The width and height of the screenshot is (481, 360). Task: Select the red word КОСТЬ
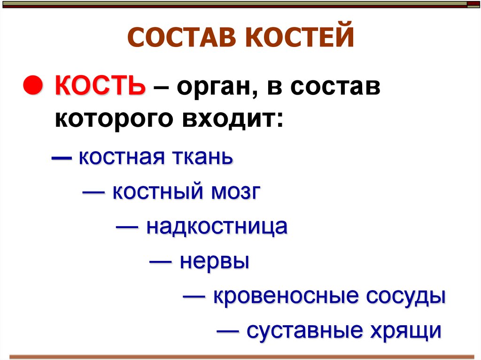tap(100, 87)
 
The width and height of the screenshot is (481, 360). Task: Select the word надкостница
tap(217, 227)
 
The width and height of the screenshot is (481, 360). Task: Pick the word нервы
tap(214, 261)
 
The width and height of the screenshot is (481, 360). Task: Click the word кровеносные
tap(287, 296)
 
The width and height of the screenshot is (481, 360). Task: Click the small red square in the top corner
tap(473, 4)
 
